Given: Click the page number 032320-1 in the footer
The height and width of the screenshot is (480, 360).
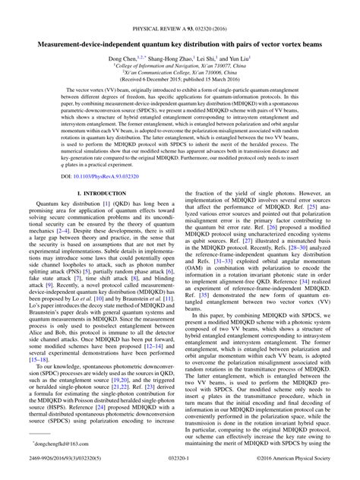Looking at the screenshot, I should click(x=180, y=459).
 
